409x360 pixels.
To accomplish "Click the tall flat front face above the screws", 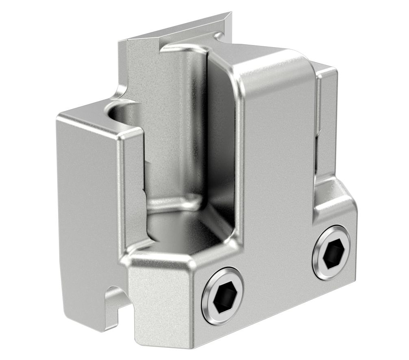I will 276,163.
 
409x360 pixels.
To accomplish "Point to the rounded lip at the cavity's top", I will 183,48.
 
